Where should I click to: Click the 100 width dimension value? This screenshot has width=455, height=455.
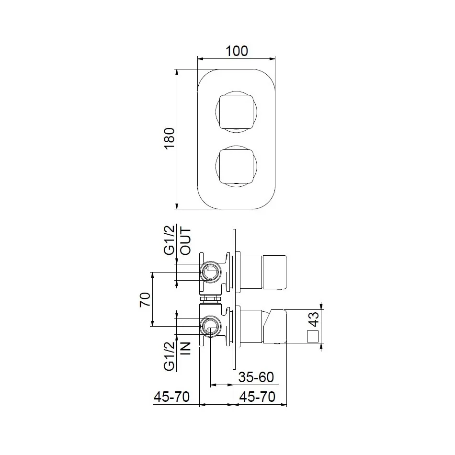237,51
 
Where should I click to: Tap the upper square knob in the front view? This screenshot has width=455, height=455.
236,112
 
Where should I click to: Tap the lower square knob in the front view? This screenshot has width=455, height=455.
236,167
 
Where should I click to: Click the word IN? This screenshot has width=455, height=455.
185,348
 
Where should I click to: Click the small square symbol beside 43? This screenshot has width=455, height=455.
312,337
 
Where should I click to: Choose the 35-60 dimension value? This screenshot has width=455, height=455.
256,377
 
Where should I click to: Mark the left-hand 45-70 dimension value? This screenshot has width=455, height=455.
171,397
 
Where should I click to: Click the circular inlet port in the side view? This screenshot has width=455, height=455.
210,327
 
